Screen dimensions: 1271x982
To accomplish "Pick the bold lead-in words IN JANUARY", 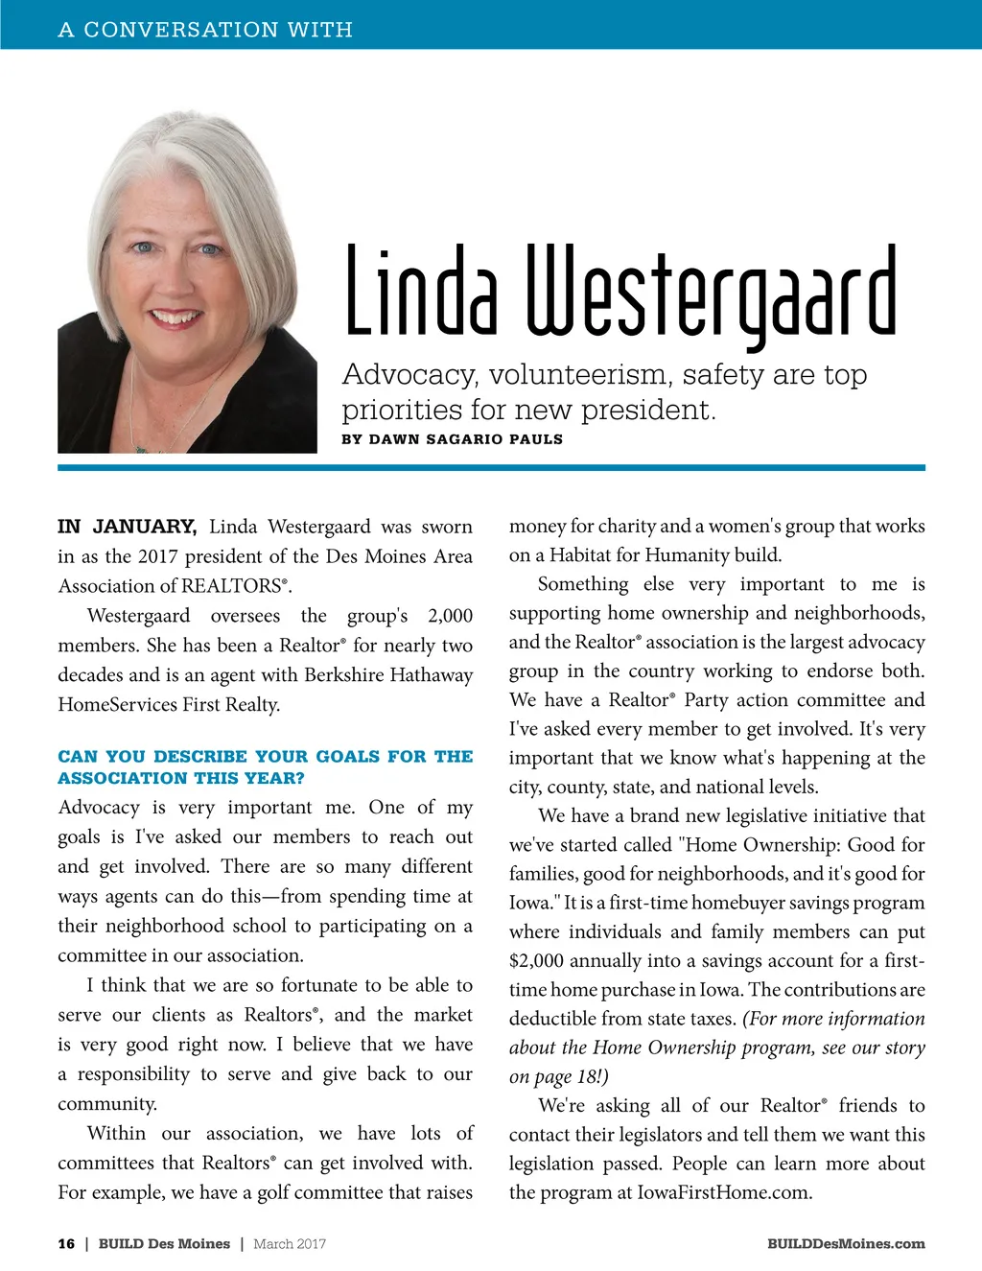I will (x=127, y=527).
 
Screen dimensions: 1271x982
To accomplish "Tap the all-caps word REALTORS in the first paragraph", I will (x=232, y=586).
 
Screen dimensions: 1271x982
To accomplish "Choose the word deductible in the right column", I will (x=557, y=1019).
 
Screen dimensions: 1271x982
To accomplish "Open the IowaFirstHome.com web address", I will (x=724, y=1193).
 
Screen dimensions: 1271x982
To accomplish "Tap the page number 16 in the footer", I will (x=66, y=1244).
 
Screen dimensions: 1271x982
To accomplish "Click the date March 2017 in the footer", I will (x=290, y=1244).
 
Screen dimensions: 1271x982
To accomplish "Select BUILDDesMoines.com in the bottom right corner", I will (x=846, y=1244).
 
